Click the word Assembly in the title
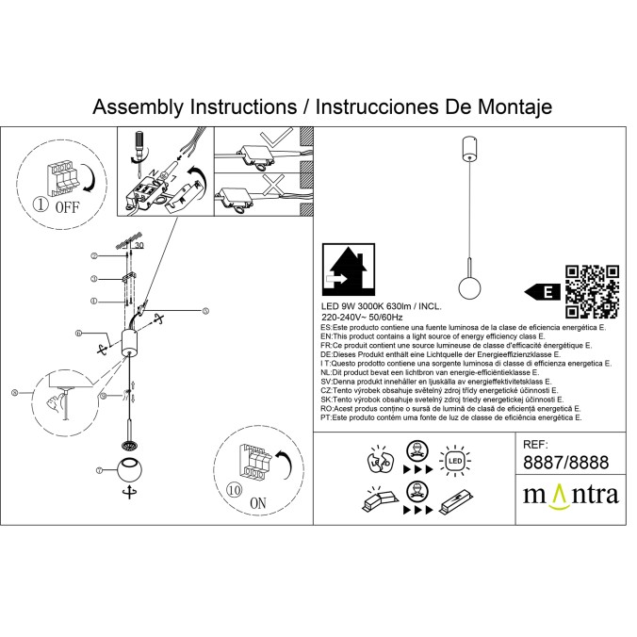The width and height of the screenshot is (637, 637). pos(139,106)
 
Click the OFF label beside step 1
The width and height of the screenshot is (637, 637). pos(66,206)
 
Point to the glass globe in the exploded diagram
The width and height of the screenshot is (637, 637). pos(128,467)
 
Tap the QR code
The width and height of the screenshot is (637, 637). pos(593,291)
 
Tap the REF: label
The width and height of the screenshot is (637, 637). pos(535,442)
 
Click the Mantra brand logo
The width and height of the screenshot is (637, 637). pos(570,494)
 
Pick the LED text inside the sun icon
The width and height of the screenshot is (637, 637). pos(453,462)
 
